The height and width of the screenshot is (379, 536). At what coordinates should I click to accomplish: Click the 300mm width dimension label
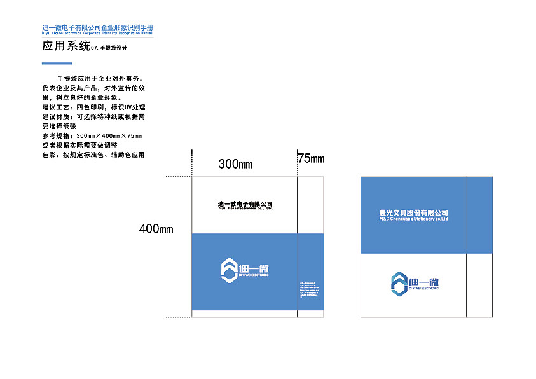[x=235, y=164]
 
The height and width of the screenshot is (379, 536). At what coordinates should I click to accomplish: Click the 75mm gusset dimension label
[x=311, y=159]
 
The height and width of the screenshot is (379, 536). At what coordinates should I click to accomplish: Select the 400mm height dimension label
[x=156, y=229]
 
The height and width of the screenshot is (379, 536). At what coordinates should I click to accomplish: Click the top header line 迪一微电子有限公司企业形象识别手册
[x=97, y=29]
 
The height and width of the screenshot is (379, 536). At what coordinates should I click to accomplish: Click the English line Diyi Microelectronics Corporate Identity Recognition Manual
[x=97, y=34]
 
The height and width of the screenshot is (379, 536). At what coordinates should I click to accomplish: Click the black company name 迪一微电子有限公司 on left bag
[x=245, y=203]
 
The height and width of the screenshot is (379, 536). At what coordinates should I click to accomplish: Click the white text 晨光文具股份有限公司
[x=413, y=213]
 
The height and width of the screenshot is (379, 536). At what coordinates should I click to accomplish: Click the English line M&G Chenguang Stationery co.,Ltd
[x=413, y=219]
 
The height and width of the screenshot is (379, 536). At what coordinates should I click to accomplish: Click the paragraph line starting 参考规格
[x=92, y=136]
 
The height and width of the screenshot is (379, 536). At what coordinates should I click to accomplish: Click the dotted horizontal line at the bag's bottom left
[x=179, y=317]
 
